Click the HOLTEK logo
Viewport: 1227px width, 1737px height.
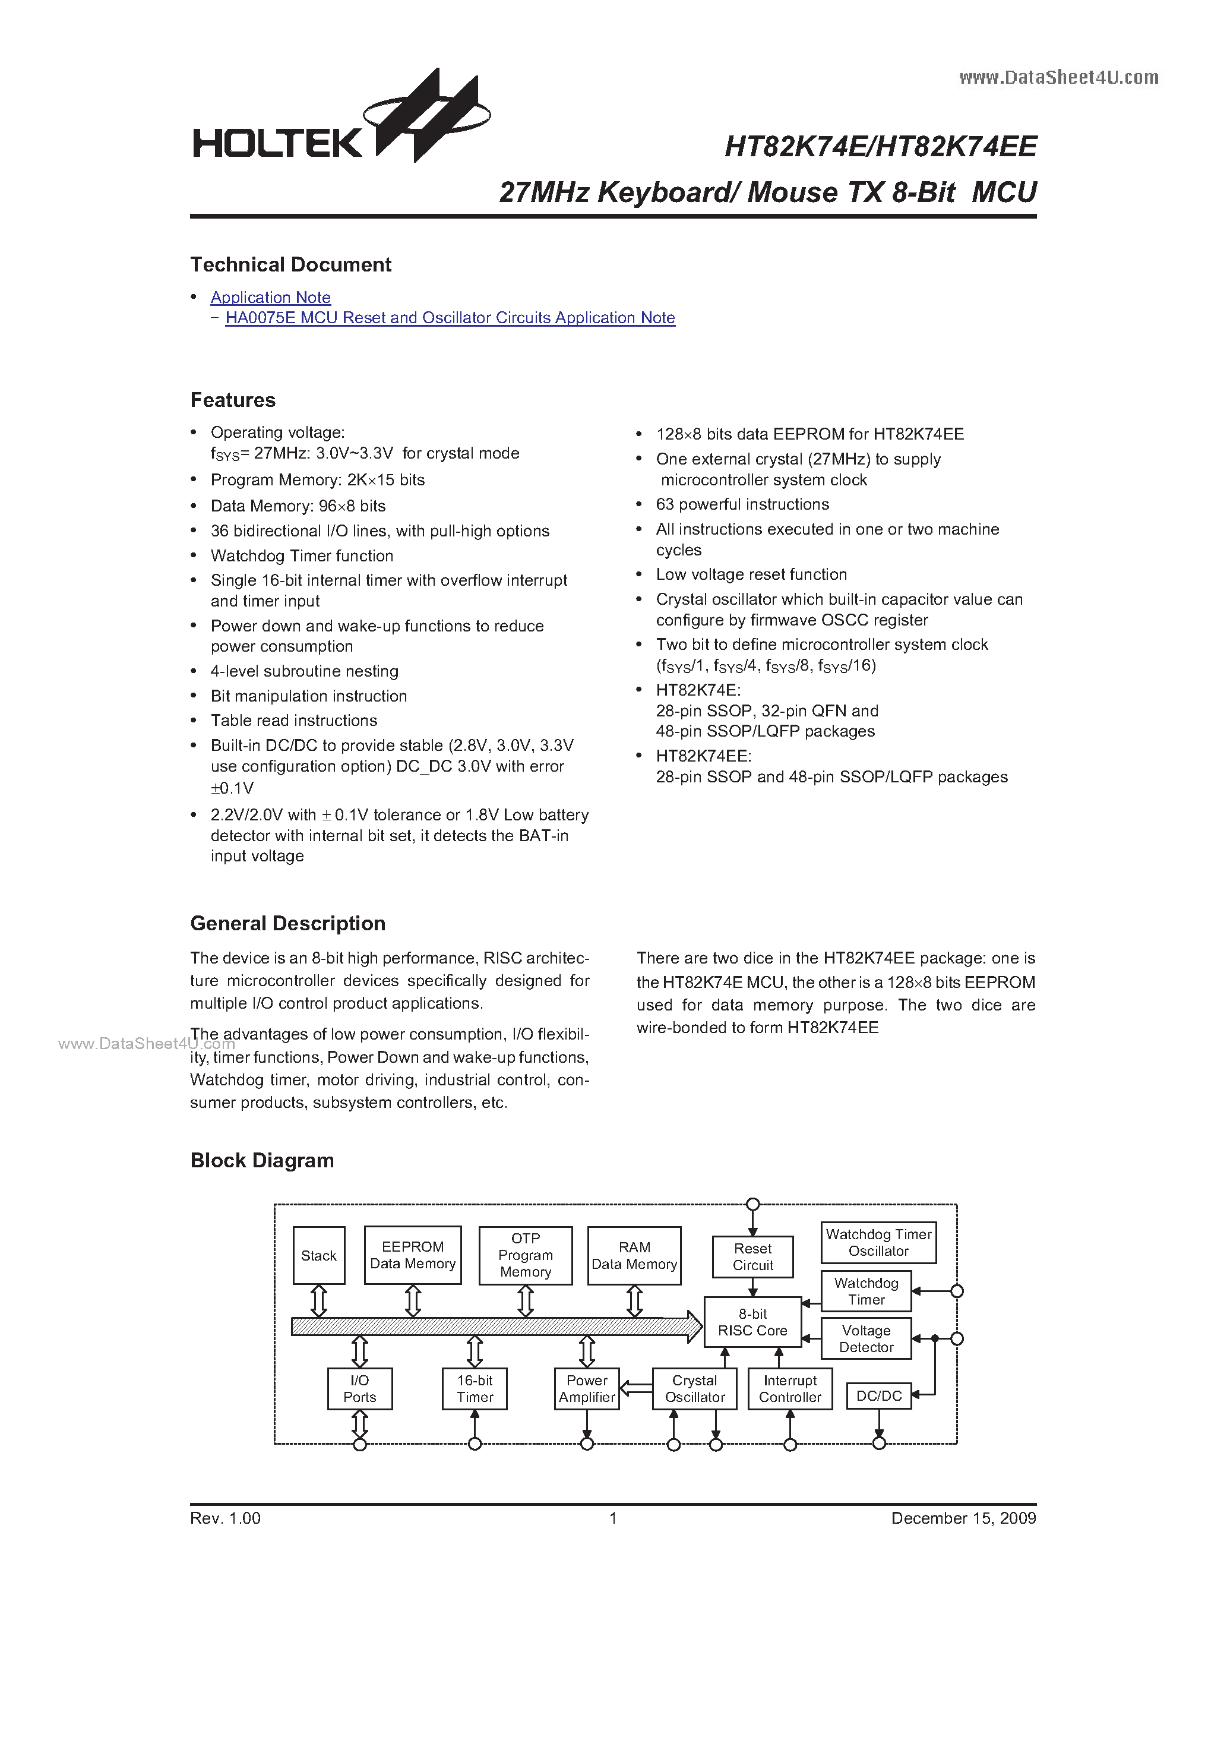point(340,121)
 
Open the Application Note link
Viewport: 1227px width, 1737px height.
point(270,297)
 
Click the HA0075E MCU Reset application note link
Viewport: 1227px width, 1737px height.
point(450,318)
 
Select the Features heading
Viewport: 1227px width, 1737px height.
point(233,400)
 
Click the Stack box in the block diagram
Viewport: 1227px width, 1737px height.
point(318,1256)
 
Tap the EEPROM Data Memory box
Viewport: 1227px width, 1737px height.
point(412,1255)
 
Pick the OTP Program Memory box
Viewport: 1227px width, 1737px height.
point(525,1255)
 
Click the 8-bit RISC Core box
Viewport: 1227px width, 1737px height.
point(752,1322)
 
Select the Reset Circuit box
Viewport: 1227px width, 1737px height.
point(752,1256)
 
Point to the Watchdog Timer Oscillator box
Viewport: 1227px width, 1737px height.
point(878,1243)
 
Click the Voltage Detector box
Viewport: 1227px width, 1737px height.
point(865,1338)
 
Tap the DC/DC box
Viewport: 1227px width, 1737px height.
point(878,1396)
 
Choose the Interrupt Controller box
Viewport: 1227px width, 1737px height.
point(790,1389)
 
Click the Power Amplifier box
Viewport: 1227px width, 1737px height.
point(586,1389)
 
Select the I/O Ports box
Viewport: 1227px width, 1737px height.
point(359,1389)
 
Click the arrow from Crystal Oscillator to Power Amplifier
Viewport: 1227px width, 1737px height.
point(636,1388)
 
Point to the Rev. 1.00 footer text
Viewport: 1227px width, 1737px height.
point(226,1518)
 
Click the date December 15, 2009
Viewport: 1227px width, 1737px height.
point(963,1518)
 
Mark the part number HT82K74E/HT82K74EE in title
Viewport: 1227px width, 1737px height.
point(880,147)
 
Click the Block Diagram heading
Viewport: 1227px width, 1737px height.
point(262,1161)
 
